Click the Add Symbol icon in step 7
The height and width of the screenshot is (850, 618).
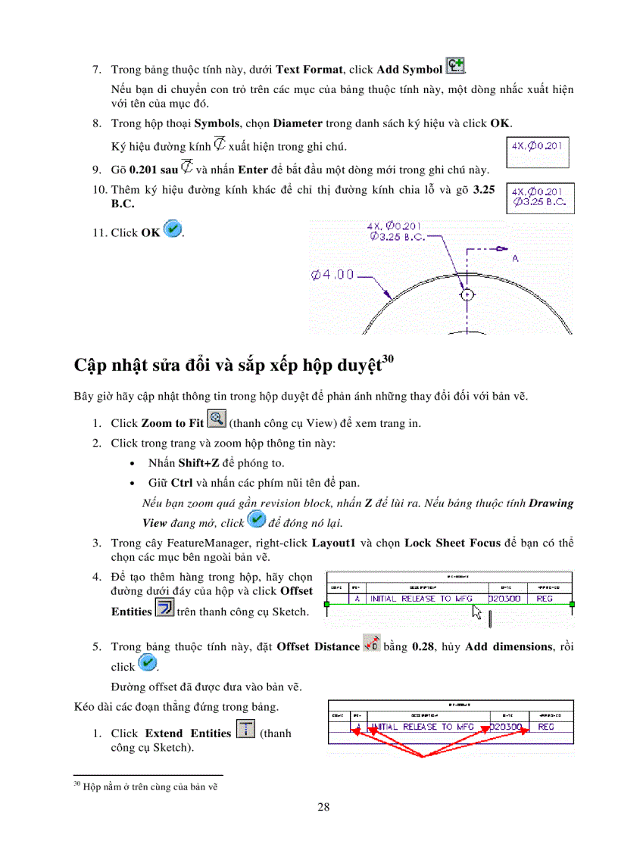(x=455, y=66)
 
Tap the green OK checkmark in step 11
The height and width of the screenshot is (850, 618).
(x=173, y=229)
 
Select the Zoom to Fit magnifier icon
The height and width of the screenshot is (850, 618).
(x=217, y=420)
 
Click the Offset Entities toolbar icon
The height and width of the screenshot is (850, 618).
(x=164, y=608)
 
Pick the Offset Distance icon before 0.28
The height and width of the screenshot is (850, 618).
(x=371, y=643)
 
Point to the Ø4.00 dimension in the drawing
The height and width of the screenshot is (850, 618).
(x=332, y=275)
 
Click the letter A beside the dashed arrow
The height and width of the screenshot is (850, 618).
(x=514, y=258)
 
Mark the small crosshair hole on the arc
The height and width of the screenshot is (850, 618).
(x=467, y=294)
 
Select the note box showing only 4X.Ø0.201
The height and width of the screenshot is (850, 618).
(x=537, y=151)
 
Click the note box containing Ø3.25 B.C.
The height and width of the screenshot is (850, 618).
(x=540, y=198)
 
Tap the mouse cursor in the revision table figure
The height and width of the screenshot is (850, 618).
(x=477, y=612)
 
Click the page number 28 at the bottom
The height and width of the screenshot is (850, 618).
(x=323, y=807)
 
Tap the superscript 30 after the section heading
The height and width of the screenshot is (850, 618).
(x=388, y=358)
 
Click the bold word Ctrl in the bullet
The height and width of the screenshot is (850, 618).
(x=182, y=482)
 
